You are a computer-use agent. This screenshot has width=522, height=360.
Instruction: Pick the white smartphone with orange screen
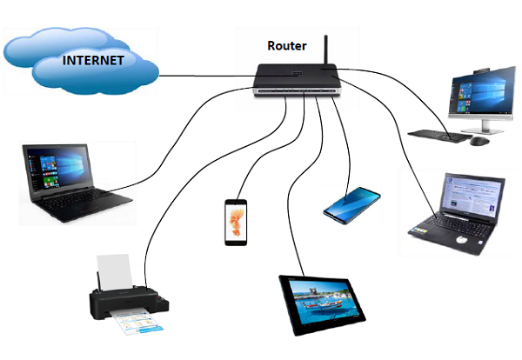[x=236, y=223]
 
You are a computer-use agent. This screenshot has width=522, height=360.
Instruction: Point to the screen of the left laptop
[x=57, y=169]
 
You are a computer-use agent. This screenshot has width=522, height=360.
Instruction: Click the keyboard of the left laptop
[x=83, y=205]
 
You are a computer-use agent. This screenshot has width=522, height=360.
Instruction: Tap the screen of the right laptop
[x=471, y=200]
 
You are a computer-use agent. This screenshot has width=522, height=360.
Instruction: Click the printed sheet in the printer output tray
[x=135, y=325]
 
